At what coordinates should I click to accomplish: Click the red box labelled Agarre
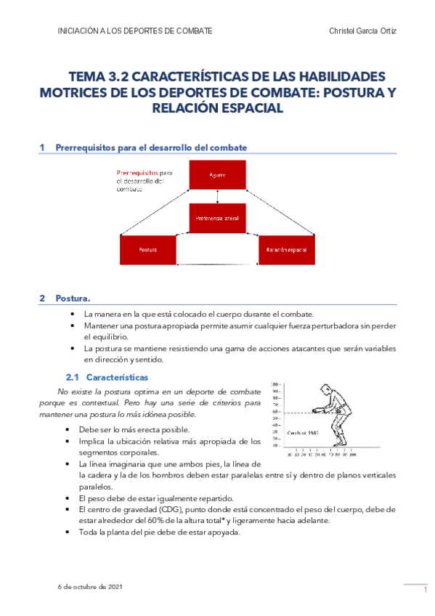(217, 175)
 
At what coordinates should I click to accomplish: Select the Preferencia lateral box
(217, 217)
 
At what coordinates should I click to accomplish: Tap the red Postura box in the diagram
(148, 250)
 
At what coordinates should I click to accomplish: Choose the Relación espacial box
(286, 250)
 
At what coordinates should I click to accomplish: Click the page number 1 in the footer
(424, 591)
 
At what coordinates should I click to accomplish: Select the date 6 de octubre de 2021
(90, 585)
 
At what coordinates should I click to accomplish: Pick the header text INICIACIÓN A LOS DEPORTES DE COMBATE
(134, 31)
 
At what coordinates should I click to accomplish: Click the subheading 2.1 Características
(107, 378)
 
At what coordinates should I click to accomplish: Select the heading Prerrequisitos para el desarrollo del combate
(151, 147)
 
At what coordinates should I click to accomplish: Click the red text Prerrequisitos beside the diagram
(137, 173)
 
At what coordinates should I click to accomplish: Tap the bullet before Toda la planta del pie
(69, 532)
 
